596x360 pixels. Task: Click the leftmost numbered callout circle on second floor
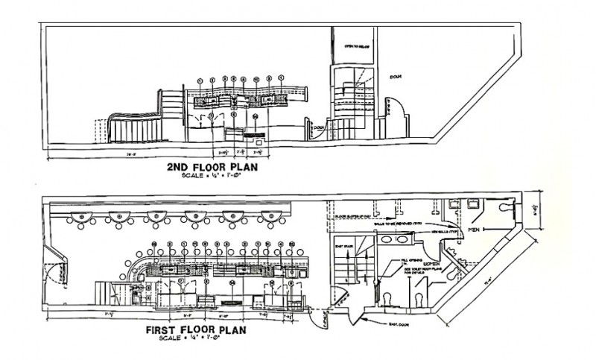coord(200,79)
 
